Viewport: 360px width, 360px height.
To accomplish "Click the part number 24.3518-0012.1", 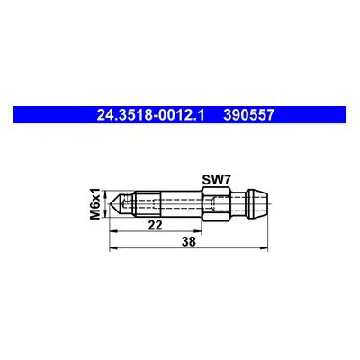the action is (x=150, y=115).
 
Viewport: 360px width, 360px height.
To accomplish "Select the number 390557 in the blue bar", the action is (x=248, y=115).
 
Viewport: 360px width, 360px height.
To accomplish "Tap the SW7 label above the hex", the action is (x=216, y=180).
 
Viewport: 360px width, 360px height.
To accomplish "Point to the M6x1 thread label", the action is (x=94, y=204).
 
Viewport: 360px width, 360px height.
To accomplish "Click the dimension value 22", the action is (x=155, y=225).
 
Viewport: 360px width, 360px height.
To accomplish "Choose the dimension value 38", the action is (x=188, y=241).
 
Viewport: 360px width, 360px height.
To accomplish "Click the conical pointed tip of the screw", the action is (x=116, y=204).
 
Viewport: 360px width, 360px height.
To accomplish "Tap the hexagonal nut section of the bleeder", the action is (x=216, y=204).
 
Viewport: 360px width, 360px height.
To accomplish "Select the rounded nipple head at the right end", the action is (x=256, y=204).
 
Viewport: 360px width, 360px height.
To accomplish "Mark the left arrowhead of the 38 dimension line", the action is (x=112, y=247).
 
